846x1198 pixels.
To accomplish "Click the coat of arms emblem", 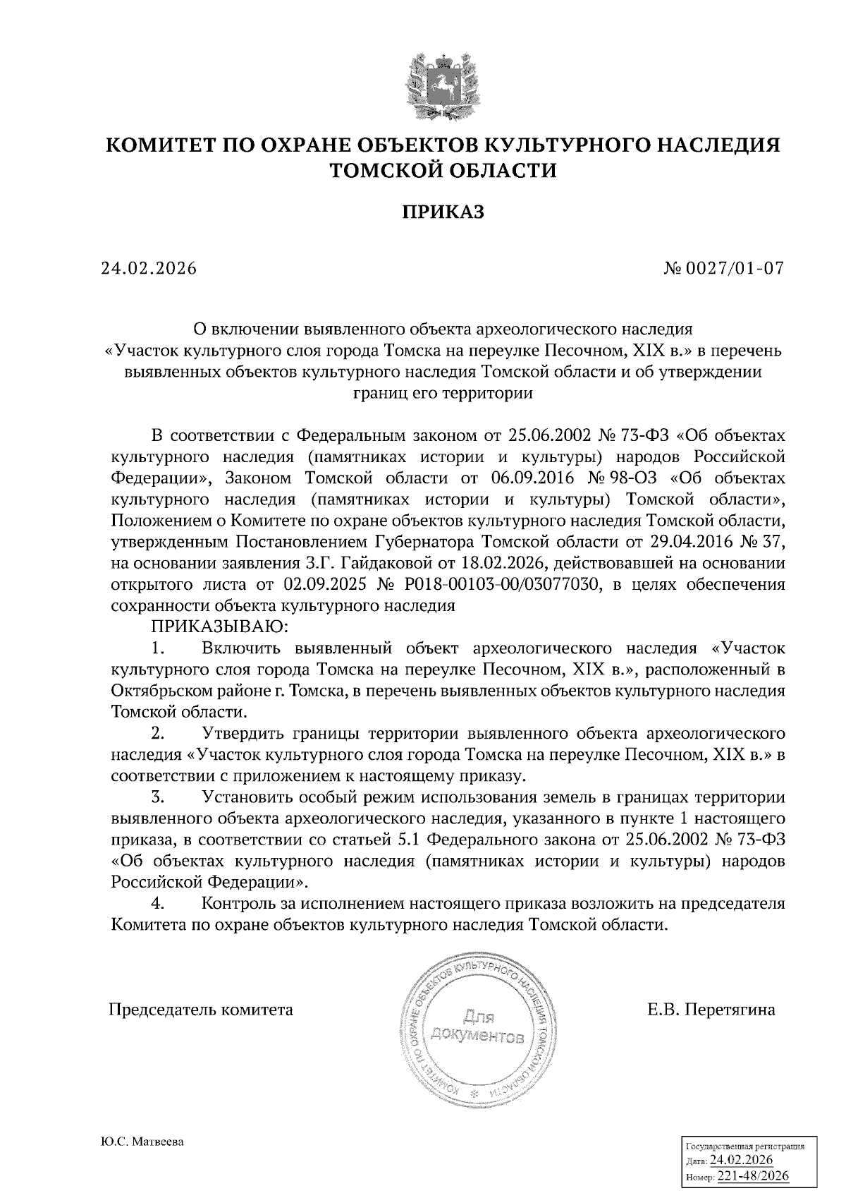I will (x=443, y=83).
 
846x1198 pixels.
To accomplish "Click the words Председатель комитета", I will (x=201, y=1010).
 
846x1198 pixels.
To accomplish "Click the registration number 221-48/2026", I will (x=753, y=1176).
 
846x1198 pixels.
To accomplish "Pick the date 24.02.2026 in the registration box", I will (x=741, y=1161).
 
